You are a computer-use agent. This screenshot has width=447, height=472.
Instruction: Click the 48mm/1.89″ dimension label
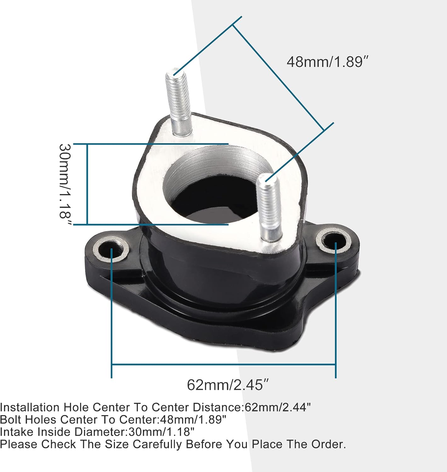(x=327, y=62)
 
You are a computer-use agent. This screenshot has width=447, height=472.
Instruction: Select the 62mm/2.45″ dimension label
(x=228, y=385)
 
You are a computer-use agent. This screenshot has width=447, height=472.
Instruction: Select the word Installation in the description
(x=30, y=407)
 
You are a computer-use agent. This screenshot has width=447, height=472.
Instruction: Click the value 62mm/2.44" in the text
(x=278, y=407)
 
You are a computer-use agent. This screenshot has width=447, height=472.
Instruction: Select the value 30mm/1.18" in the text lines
(x=161, y=432)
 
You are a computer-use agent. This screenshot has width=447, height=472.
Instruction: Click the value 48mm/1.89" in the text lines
(x=193, y=419)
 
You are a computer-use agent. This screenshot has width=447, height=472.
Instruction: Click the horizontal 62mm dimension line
(x=224, y=365)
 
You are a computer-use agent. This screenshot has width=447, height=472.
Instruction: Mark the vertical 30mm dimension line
(x=87, y=184)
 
